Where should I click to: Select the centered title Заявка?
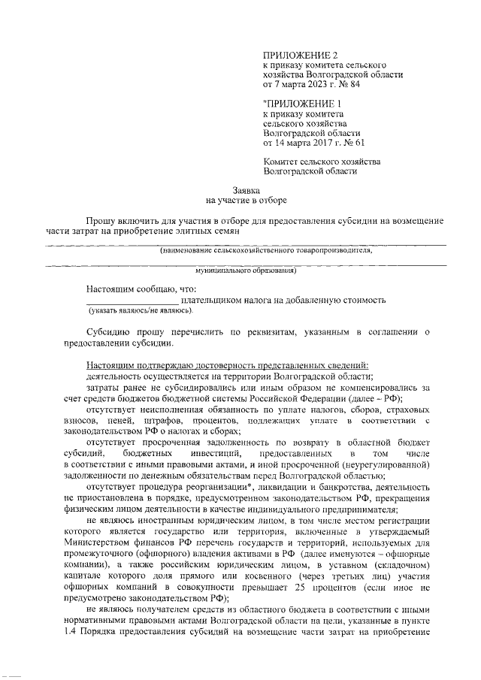(246, 191)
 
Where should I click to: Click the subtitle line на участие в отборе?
(246, 201)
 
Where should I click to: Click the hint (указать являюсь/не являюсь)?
(140, 310)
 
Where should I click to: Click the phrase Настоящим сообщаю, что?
(141, 289)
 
